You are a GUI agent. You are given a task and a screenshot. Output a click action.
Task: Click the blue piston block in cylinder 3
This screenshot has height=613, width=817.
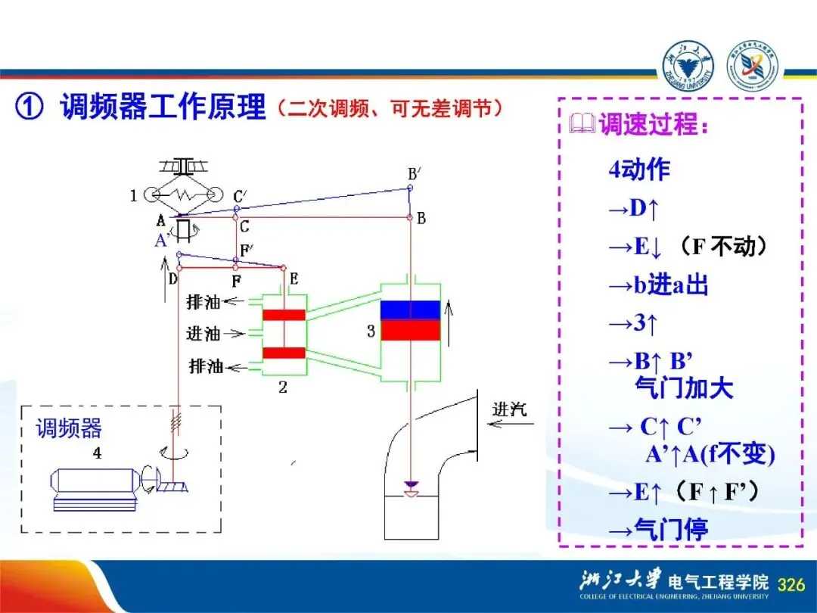[410, 310]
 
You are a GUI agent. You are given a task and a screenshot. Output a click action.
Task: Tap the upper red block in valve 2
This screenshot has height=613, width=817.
[284, 314]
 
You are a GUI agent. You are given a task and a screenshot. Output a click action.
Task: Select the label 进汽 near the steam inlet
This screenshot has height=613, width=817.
[509, 409]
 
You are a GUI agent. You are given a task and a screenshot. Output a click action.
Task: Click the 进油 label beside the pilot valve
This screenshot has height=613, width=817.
[203, 333]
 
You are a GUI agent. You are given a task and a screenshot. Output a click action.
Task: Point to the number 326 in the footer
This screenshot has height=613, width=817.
[791, 584]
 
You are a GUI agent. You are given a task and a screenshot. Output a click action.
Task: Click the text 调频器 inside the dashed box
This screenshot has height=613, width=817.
[69, 428]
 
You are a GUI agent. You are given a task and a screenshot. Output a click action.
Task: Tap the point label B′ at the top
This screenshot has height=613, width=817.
[413, 173]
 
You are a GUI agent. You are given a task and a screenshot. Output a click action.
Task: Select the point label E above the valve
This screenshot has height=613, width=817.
[294, 278]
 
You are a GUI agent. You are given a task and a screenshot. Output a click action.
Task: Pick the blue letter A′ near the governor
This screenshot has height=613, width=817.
[161, 241]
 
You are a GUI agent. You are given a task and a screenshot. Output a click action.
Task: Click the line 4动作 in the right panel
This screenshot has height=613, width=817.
[639, 170]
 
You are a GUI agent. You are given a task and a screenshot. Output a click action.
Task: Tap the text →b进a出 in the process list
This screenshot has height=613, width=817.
[658, 286]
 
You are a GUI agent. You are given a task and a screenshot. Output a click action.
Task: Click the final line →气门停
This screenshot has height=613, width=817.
[658, 529]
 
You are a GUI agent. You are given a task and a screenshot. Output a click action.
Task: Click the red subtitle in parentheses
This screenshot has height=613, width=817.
[390, 109]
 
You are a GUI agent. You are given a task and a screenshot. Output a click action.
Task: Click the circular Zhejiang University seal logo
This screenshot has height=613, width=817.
[688, 65]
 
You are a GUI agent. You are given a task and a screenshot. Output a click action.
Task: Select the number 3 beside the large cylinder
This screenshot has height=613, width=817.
[371, 331]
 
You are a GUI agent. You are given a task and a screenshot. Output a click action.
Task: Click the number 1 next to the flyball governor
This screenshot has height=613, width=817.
[134, 196]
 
